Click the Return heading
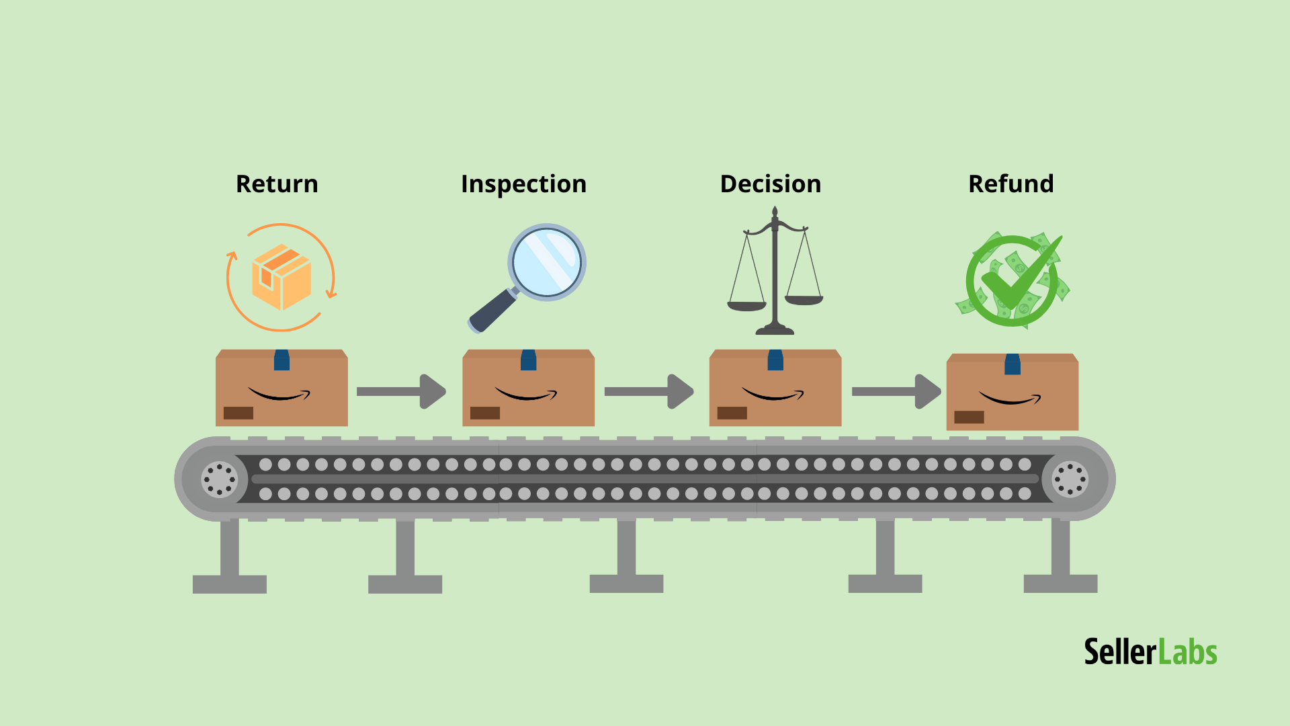(x=277, y=184)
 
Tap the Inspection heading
(x=523, y=184)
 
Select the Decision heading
(x=770, y=184)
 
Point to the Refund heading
(x=1010, y=184)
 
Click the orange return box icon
(x=282, y=277)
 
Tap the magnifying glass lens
(x=546, y=262)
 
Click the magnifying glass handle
(x=492, y=311)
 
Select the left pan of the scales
(x=746, y=306)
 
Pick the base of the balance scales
(x=775, y=330)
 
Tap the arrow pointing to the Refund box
(x=896, y=391)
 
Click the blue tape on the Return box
(x=282, y=360)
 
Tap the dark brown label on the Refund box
(x=969, y=417)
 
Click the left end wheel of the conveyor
(x=219, y=479)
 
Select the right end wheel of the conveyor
(x=1070, y=479)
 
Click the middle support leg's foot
(x=626, y=583)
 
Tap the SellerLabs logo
(x=1150, y=652)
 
